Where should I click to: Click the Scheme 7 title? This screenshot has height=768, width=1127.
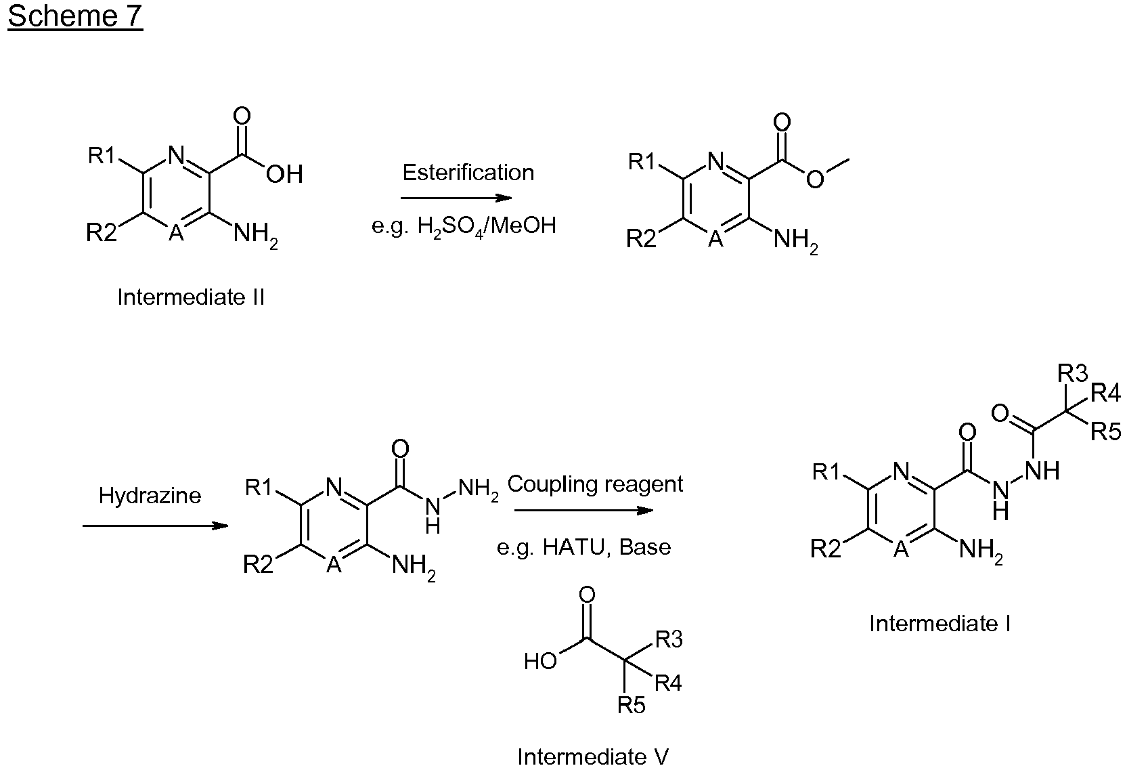click(75, 16)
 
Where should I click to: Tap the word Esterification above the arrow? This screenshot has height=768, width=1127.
click(468, 173)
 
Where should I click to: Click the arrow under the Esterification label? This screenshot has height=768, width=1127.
click(456, 198)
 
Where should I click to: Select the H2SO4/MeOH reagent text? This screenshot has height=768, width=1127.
click(487, 226)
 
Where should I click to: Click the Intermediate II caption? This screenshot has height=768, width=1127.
click(191, 297)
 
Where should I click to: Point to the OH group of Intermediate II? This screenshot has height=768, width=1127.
click(284, 175)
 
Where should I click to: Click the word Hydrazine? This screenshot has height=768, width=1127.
click(150, 496)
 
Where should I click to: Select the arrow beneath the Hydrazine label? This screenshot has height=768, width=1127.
click(156, 526)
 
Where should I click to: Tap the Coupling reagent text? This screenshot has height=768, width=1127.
click(595, 484)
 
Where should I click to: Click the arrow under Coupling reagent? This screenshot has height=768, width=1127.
click(583, 511)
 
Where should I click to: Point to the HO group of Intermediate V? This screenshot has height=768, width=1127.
click(540, 661)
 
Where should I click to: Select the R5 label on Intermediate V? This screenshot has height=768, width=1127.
click(632, 705)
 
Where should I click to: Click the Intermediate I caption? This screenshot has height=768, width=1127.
click(940, 624)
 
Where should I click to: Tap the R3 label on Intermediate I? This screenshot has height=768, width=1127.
click(1073, 373)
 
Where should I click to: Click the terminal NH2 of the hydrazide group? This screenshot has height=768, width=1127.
click(479, 488)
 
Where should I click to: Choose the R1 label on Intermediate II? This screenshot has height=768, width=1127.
click(102, 155)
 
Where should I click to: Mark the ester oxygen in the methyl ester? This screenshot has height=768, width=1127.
click(815, 179)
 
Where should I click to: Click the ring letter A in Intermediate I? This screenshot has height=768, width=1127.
click(901, 549)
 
